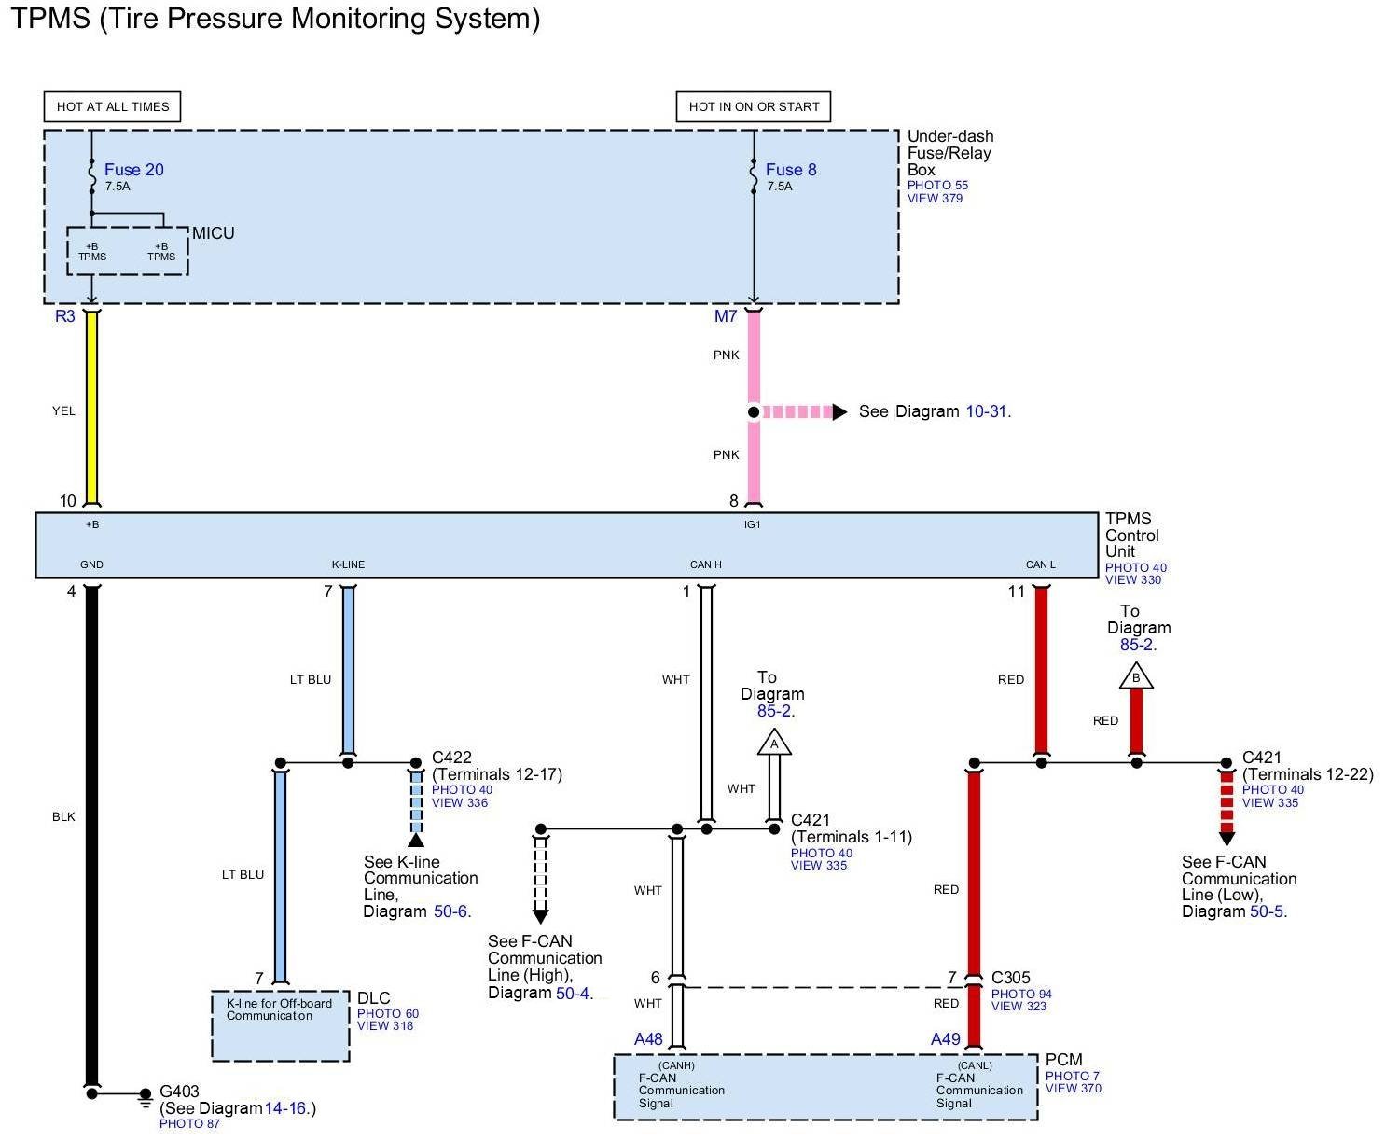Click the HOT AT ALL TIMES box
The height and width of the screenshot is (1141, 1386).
(x=112, y=106)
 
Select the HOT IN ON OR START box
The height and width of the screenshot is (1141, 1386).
(x=754, y=106)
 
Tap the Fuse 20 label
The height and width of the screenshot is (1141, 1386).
(x=133, y=170)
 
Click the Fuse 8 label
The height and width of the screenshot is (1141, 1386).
(x=791, y=170)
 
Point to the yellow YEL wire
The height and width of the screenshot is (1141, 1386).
(x=91, y=410)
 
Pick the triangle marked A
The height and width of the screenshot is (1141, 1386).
(x=774, y=743)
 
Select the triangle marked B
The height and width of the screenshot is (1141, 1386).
(x=1136, y=676)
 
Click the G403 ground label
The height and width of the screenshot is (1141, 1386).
(x=180, y=1091)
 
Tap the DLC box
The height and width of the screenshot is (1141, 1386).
(x=281, y=1025)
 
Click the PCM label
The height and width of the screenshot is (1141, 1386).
(x=1063, y=1060)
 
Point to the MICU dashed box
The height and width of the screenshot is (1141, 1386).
(x=128, y=251)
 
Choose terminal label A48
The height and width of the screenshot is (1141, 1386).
(x=648, y=1039)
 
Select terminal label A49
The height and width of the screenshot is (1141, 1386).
(x=945, y=1039)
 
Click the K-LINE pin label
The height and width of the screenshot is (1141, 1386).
(x=348, y=564)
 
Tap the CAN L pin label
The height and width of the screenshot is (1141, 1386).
(x=1041, y=564)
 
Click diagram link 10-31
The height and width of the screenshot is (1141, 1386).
(x=987, y=411)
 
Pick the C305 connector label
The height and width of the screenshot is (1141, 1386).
(x=1011, y=978)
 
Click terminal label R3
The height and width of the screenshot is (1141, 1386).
(x=64, y=316)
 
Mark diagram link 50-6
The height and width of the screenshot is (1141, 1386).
(x=450, y=911)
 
